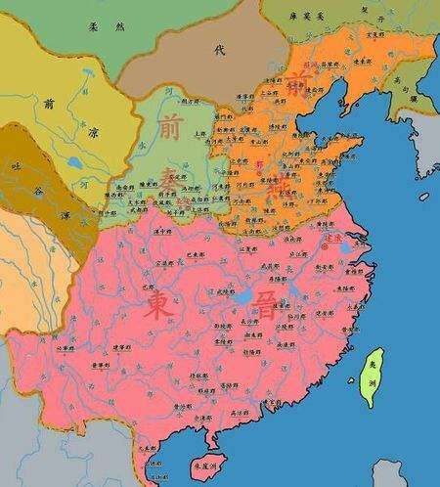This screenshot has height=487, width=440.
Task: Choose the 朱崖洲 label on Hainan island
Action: coord(204,471)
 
